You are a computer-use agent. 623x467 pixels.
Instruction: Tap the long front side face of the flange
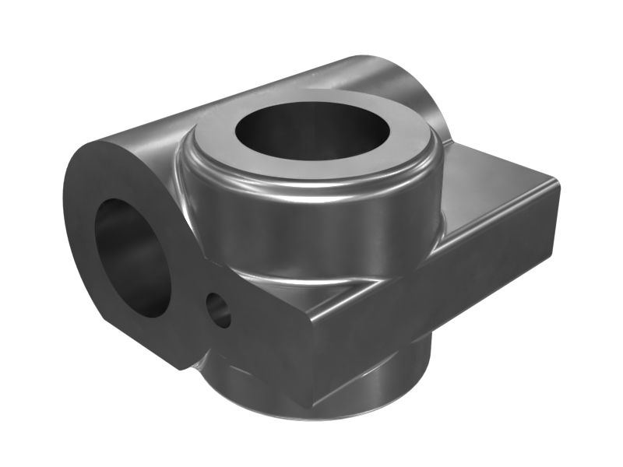(x=436, y=311)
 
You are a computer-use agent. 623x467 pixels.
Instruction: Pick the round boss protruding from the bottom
(x=389, y=374)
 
